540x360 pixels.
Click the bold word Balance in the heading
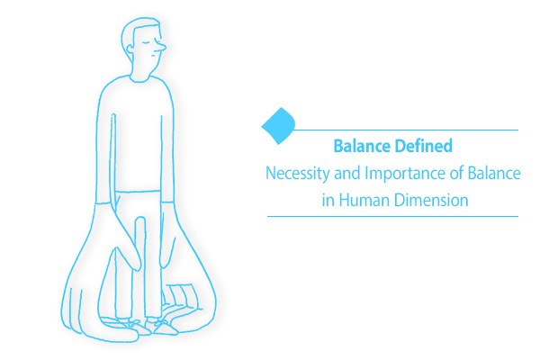pos(359,145)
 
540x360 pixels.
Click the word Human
pos(363,200)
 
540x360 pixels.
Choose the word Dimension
pos(430,200)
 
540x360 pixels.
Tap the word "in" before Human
pos(328,200)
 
